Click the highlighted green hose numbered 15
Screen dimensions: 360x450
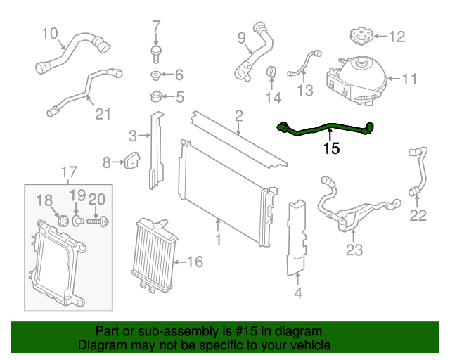click(x=327, y=127)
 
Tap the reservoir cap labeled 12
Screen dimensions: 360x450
click(x=358, y=36)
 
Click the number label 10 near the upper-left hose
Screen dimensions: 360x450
click(x=50, y=32)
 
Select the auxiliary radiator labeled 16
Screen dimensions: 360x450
click(x=150, y=256)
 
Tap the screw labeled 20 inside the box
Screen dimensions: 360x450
click(x=99, y=221)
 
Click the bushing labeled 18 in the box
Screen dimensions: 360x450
click(x=60, y=220)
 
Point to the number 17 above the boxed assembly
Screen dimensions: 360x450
click(x=67, y=172)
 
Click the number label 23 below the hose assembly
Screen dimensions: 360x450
click(x=354, y=249)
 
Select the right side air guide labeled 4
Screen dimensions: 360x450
click(x=298, y=236)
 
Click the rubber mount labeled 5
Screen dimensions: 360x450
click(x=155, y=96)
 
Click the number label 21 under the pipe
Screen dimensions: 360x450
click(x=103, y=113)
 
